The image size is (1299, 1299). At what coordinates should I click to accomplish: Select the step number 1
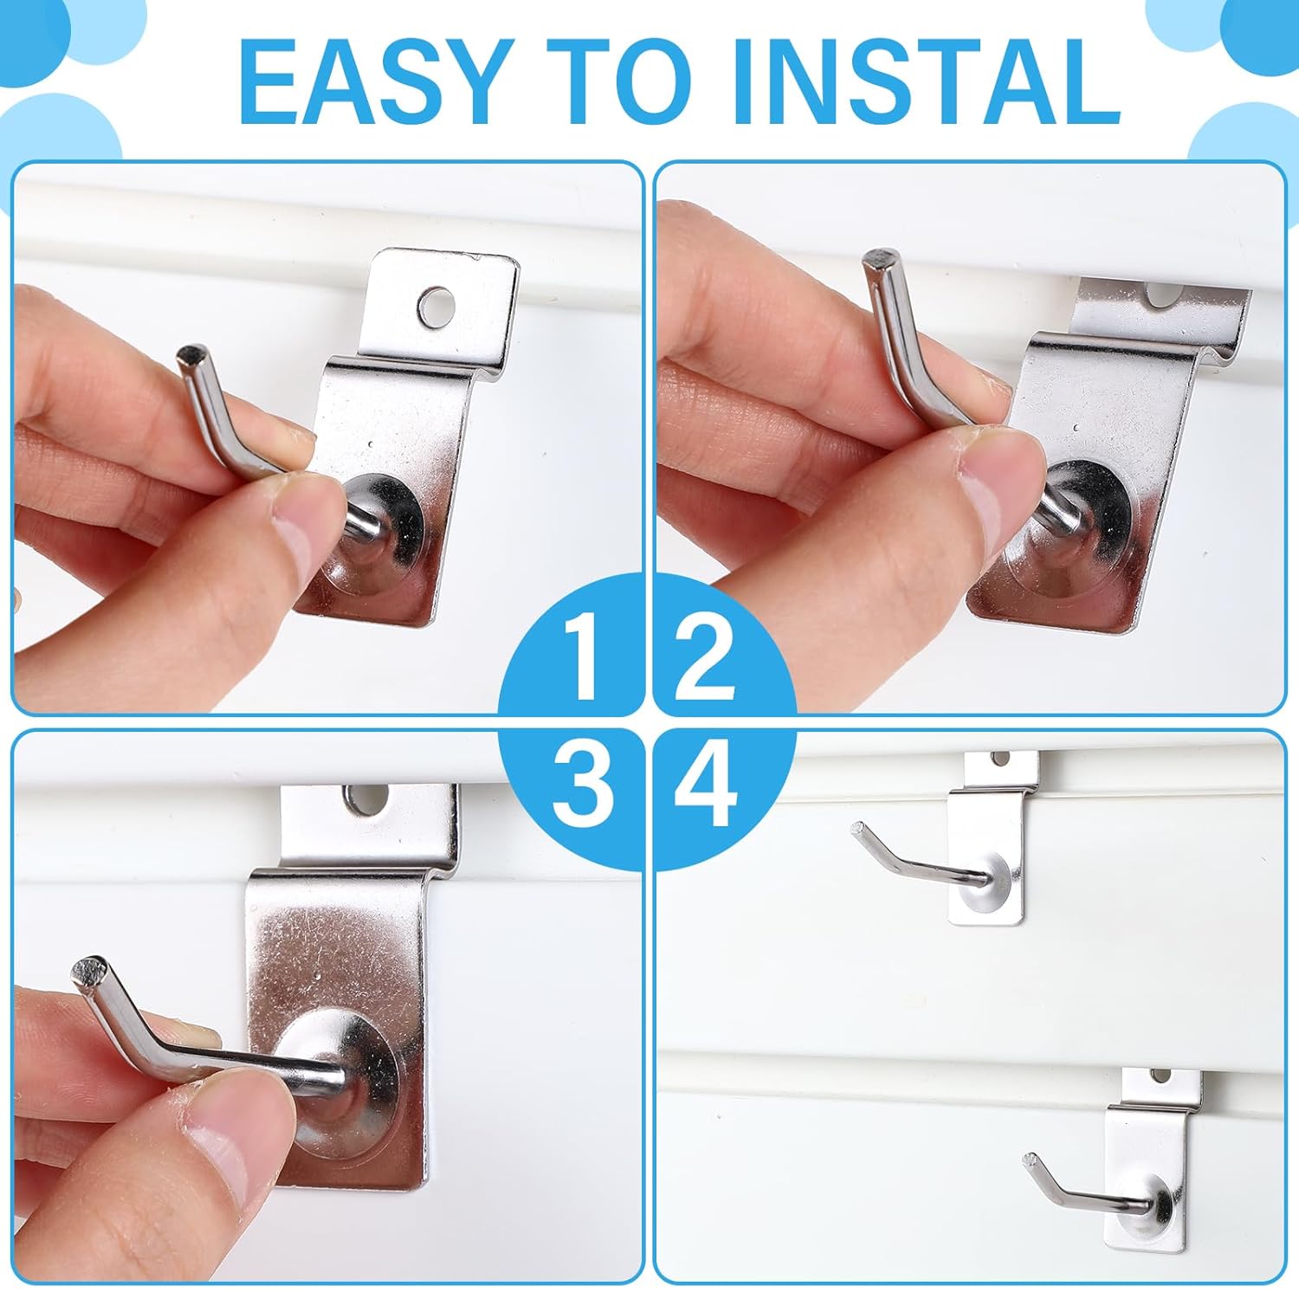[x=582, y=657]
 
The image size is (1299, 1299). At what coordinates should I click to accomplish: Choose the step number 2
[x=705, y=657]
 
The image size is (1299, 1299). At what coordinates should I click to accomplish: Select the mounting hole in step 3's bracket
[x=367, y=800]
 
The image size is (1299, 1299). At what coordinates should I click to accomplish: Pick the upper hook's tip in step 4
[x=859, y=828]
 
